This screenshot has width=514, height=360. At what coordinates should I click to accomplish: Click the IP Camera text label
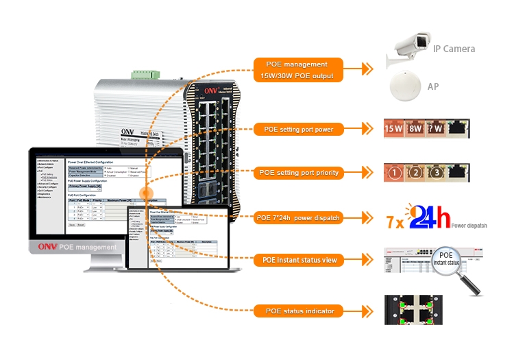[x=454, y=49]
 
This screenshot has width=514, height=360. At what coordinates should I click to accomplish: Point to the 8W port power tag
[x=415, y=128]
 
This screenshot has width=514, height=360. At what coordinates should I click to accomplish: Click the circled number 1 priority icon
[x=394, y=173]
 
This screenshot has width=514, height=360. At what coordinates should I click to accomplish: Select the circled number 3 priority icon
[x=436, y=173]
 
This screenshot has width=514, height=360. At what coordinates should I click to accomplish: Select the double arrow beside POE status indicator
[x=367, y=311]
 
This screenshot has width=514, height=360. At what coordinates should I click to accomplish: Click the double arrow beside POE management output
[x=367, y=69]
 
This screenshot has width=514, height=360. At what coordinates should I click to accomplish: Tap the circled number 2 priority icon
[x=415, y=173]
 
